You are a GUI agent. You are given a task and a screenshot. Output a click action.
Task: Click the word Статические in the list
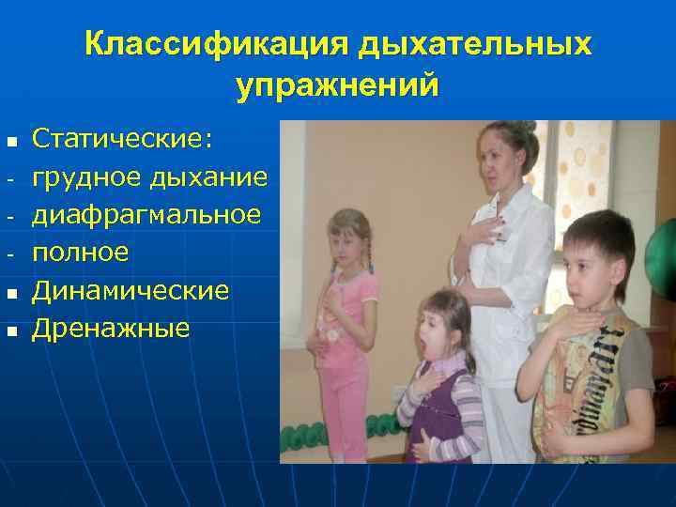[x=122, y=140]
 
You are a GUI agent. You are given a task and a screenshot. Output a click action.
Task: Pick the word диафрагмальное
[x=146, y=215]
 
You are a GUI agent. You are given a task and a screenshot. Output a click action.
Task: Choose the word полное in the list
[x=80, y=253]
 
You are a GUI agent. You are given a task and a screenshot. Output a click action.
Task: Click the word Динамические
[x=131, y=290]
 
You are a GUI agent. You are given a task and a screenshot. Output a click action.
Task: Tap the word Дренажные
[x=111, y=328]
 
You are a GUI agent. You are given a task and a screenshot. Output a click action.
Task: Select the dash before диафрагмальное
[x=9, y=217]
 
